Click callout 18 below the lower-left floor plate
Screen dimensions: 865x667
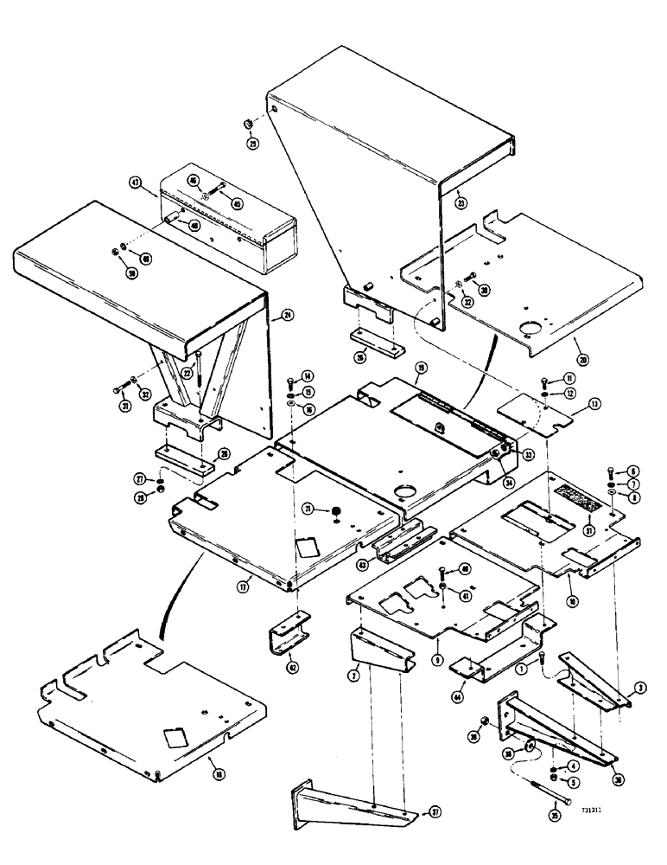click(212, 763)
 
